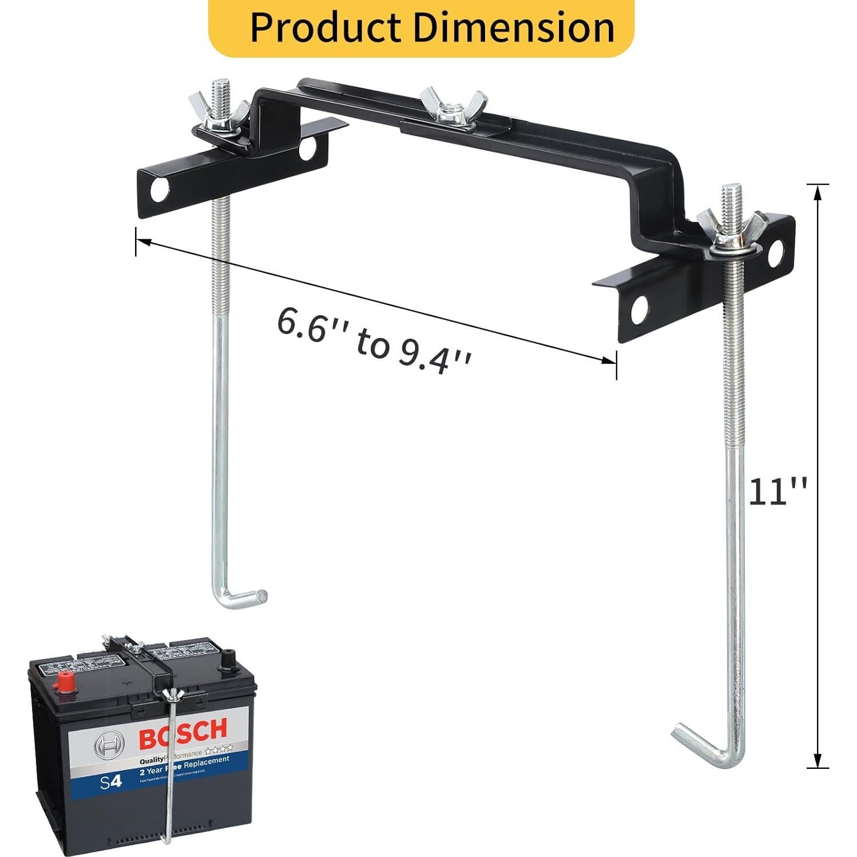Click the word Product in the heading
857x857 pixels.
tap(326, 27)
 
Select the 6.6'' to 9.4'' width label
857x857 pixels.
tap(375, 341)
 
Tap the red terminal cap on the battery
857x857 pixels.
tap(66, 684)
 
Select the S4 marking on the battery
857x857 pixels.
tap(111, 781)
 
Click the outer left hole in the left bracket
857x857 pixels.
tap(161, 191)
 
